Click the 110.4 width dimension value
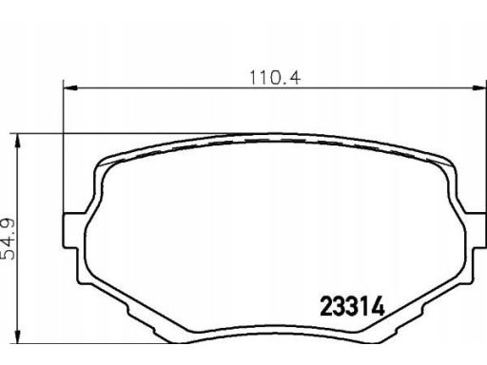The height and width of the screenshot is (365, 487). coord(275,78)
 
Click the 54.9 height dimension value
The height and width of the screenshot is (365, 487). coord(9,239)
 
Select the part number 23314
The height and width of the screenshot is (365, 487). coord(352,306)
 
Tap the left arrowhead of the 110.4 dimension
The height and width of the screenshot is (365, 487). coord(70,87)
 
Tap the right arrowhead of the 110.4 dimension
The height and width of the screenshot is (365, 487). coord(479,87)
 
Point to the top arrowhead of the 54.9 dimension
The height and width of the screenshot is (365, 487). coord(18,141)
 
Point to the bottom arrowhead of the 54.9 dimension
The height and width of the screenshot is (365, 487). coord(18,336)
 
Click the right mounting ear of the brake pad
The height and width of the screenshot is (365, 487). coord(477,230)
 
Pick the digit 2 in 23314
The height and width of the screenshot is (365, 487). coord(326,306)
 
